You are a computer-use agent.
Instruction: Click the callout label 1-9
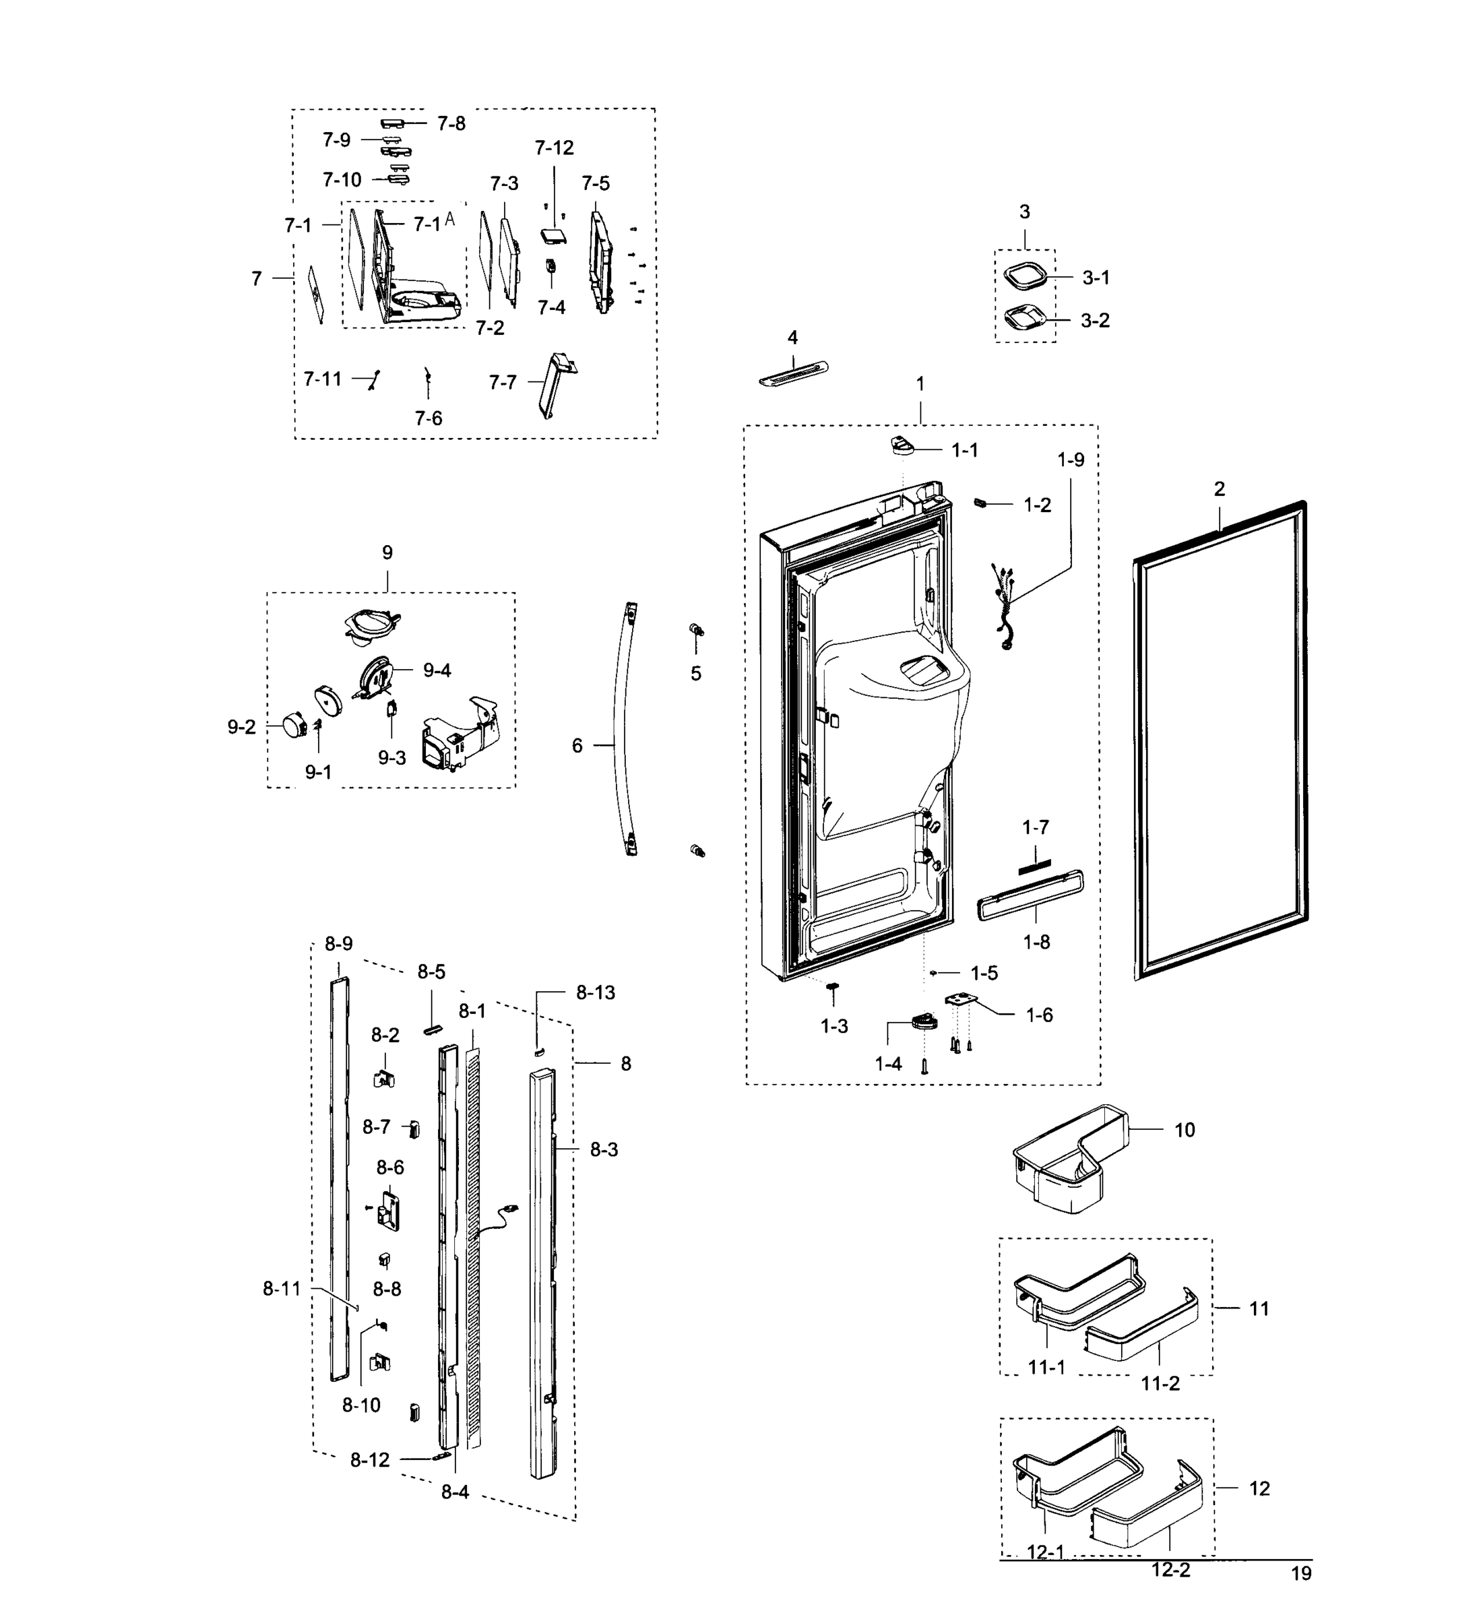point(1070,459)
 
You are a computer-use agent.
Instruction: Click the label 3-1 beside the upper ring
point(1096,278)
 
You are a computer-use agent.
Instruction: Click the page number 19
point(1300,1595)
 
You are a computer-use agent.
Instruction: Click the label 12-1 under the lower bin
point(1045,1575)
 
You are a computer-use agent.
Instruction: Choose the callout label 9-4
point(437,670)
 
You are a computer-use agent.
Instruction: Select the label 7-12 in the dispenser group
point(555,148)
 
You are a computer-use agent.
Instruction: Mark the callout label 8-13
point(595,992)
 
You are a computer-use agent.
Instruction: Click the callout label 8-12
point(370,1460)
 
